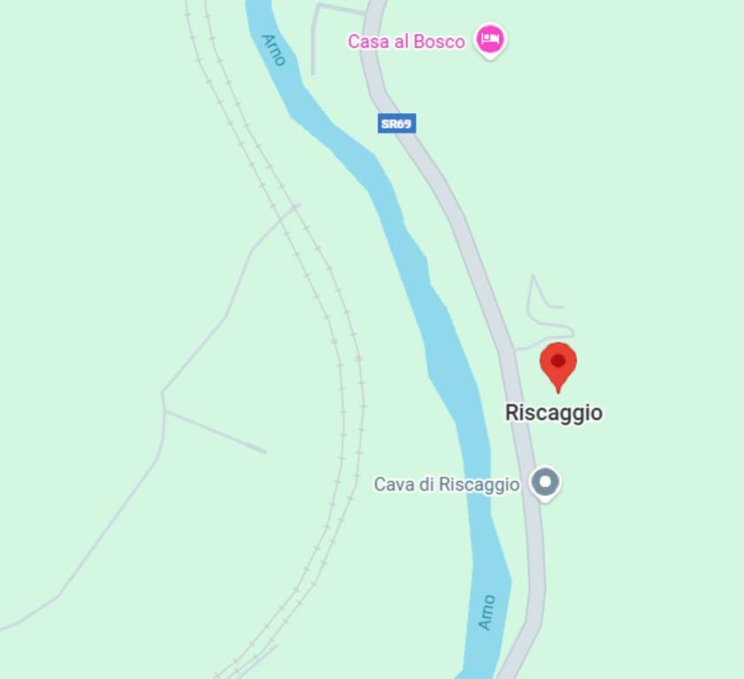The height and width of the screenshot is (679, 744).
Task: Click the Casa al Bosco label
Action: pos(406,42)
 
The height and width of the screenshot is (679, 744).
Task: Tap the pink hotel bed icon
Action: pos(490,39)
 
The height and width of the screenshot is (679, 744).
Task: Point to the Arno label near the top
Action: pos(274,50)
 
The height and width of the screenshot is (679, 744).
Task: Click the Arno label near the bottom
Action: pos(487,612)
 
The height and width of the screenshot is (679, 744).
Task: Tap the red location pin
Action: pos(558,363)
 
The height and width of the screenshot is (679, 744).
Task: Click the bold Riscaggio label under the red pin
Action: pos(554,413)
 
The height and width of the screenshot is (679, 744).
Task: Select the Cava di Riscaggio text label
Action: pos(446,484)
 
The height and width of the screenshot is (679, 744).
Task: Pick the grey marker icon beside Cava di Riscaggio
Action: pos(545,483)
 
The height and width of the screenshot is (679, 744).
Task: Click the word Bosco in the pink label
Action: pos(438,42)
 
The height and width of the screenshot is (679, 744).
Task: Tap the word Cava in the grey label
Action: pos(392,484)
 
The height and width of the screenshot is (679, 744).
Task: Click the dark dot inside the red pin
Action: pos(558,360)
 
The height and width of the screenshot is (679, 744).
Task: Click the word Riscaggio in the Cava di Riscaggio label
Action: pos(479,484)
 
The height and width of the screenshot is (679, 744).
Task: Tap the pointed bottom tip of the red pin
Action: pos(558,391)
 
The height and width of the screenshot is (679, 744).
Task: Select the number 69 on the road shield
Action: pos(404,124)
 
